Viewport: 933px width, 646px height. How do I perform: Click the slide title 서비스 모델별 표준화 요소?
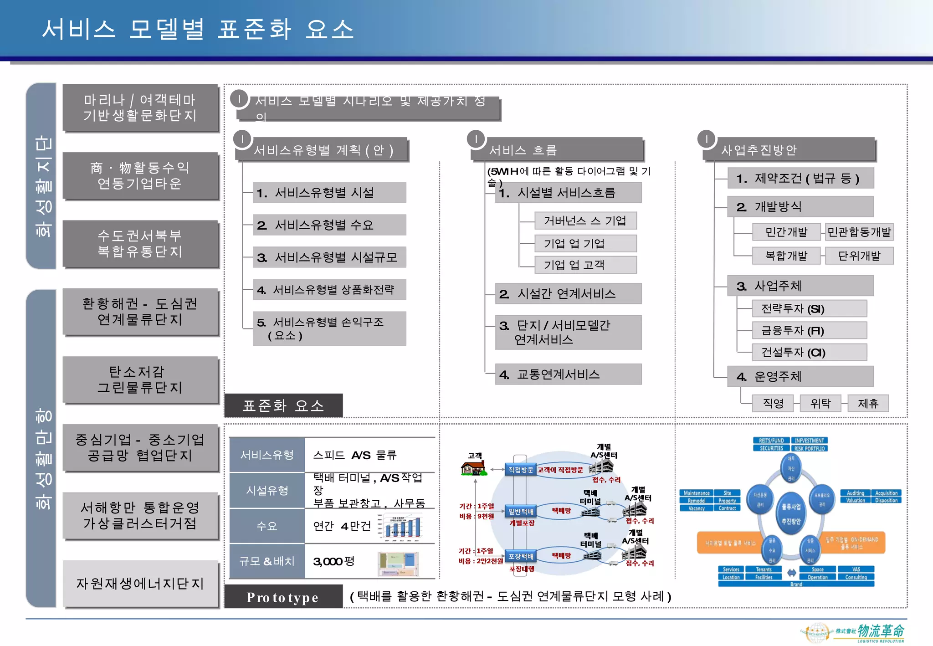[198, 29]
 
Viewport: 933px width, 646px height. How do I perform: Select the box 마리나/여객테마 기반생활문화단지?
[140, 108]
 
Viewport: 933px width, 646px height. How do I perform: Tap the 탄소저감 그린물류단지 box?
[140, 379]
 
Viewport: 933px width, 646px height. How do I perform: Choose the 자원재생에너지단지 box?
[140, 584]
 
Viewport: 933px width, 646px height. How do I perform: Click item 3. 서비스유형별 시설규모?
[329, 257]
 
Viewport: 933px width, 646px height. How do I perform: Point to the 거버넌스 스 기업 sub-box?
[585, 221]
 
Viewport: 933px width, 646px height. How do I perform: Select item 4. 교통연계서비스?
[568, 374]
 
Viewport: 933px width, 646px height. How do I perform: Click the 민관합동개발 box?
[859, 232]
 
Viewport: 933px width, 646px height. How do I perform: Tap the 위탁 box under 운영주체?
[820, 404]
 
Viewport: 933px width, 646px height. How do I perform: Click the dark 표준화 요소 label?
[283, 405]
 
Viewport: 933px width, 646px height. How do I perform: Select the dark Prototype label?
[283, 597]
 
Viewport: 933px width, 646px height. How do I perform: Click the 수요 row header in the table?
[267, 526]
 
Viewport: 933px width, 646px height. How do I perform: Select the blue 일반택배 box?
[521, 512]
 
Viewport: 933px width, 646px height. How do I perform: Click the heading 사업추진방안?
[759, 150]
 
